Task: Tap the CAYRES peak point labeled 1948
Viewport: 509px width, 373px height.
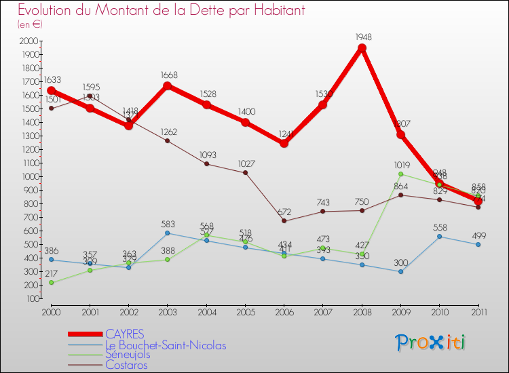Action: (x=362, y=47)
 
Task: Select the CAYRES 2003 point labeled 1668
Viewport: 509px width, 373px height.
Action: (x=168, y=85)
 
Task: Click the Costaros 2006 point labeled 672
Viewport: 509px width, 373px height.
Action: (x=284, y=220)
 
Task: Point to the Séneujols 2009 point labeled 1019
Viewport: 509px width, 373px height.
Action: (x=400, y=174)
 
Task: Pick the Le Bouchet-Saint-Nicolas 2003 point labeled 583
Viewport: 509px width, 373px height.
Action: (x=168, y=233)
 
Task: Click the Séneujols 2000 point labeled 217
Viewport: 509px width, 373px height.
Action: (x=52, y=282)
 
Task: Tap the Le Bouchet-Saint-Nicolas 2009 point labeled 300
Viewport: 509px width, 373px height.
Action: (x=400, y=271)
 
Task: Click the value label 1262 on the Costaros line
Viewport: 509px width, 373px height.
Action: (x=167, y=132)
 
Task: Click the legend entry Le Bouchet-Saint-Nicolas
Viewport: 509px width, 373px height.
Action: (x=166, y=345)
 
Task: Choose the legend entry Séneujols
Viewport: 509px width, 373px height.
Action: (x=129, y=354)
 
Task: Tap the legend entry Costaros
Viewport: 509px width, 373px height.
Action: (x=126, y=364)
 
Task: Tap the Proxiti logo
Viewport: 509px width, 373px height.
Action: (x=431, y=342)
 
